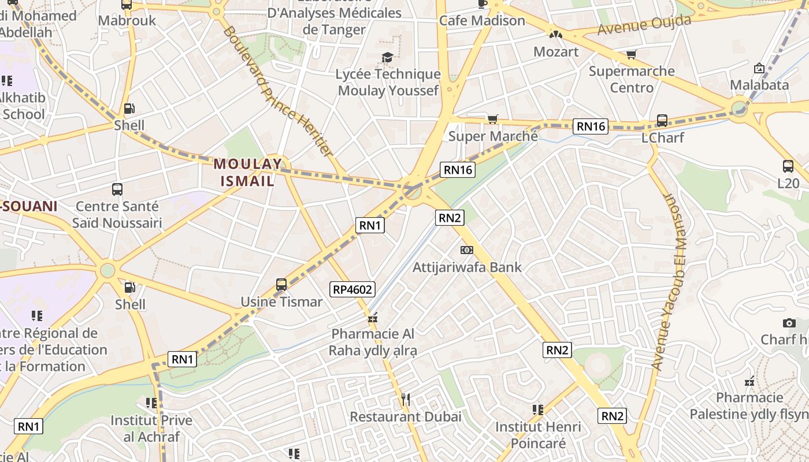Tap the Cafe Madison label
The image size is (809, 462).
(x=482, y=21)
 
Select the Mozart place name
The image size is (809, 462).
(x=555, y=52)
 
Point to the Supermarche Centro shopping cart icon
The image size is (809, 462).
(x=631, y=55)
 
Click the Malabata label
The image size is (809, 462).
(x=759, y=85)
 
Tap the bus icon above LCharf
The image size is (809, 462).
(x=662, y=121)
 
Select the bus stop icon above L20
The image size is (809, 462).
(x=788, y=166)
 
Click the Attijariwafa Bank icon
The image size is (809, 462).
(x=466, y=250)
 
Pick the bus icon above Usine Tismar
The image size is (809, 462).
(x=281, y=285)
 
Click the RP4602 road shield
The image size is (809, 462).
(x=352, y=289)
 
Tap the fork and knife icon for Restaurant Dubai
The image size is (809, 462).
(x=405, y=399)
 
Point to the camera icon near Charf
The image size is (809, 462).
(x=789, y=323)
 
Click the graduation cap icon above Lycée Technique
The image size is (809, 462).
(x=387, y=57)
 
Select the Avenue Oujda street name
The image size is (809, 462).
(x=644, y=25)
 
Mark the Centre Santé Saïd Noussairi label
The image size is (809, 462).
(x=117, y=214)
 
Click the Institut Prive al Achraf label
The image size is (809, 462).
(x=151, y=428)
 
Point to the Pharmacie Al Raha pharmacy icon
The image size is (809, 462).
(x=373, y=318)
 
